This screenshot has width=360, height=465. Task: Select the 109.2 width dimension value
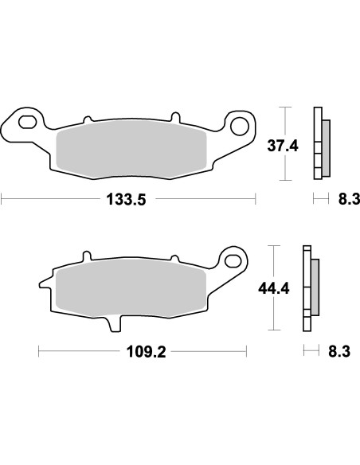(x=143, y=350)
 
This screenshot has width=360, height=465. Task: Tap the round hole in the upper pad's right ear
(x=240, y=123)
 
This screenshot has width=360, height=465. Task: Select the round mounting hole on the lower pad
(x=232, y=258)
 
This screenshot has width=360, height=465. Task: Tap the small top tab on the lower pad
(x=86, y=256)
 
